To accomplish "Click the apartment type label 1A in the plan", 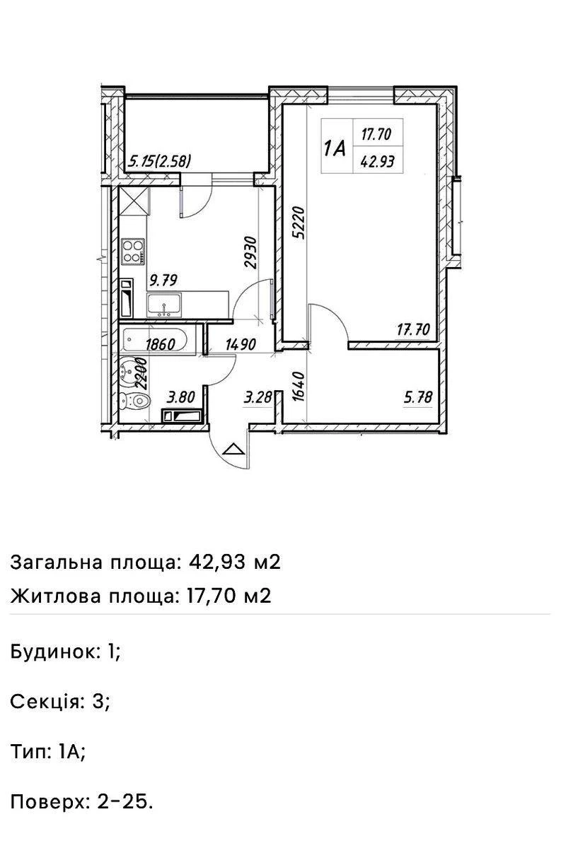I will (x=335, y=148).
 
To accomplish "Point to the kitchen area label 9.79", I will (x=163, y=281).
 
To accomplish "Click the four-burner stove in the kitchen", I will (x=134, y=249).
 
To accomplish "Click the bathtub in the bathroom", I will (x=154, y=341).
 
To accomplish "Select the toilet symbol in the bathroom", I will (x=136, y=402).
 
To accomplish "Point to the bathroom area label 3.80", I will (x=180, y=398).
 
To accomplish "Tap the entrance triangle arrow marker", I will (x=233, y=448).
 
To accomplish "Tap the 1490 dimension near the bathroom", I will (x=241, y=346).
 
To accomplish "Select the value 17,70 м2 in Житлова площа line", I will (x=229, y=596).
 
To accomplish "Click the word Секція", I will (x=46, y=702).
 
